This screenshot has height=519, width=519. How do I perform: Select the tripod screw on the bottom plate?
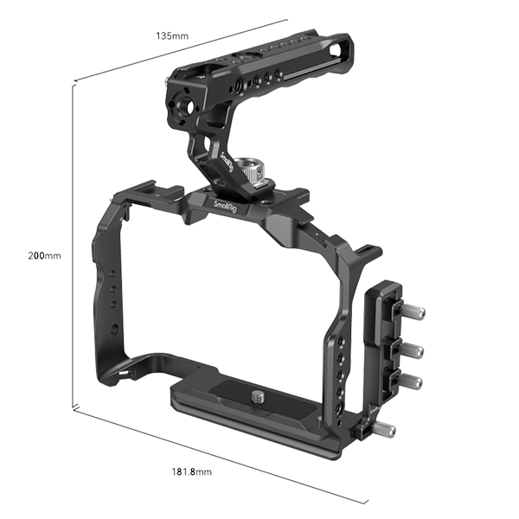[258, 396]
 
